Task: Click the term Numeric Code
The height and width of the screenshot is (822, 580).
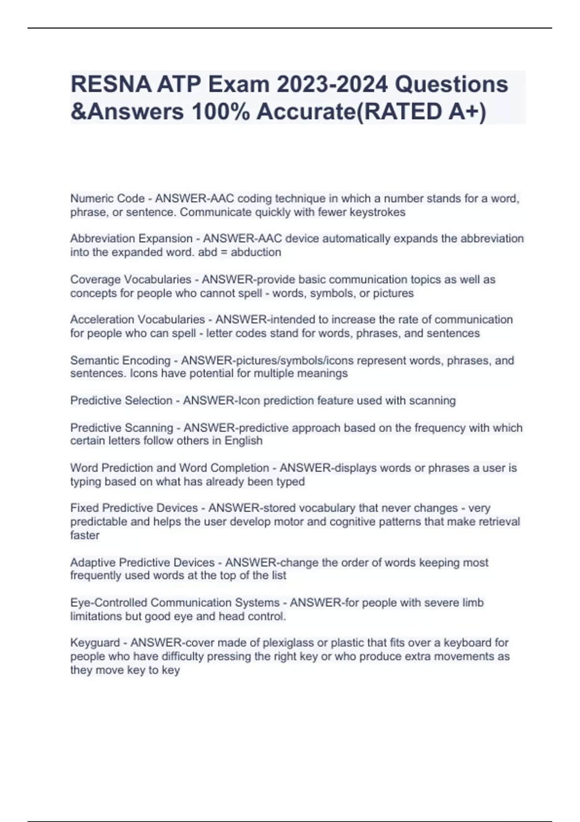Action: click(107, 199)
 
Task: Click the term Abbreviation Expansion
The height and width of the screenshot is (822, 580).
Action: click(131, 239)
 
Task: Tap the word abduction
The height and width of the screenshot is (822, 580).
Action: click(256, 252)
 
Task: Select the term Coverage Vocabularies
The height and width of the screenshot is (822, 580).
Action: click(130, 279)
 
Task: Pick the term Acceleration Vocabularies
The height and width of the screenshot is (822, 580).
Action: click(137, 320)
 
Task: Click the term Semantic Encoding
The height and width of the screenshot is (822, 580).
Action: click(120, 361)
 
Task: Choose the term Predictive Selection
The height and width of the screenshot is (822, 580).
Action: click(121, 401)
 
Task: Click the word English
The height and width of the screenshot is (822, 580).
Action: click(244, 441)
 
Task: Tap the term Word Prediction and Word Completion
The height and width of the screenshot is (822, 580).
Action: click(170, 468)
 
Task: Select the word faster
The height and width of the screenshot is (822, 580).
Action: click(85, 536)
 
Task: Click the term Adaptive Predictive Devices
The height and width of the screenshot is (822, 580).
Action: click(142, 563)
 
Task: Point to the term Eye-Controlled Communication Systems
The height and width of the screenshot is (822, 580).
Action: click(175, 603)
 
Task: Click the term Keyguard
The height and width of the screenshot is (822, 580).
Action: click(95, 643)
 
